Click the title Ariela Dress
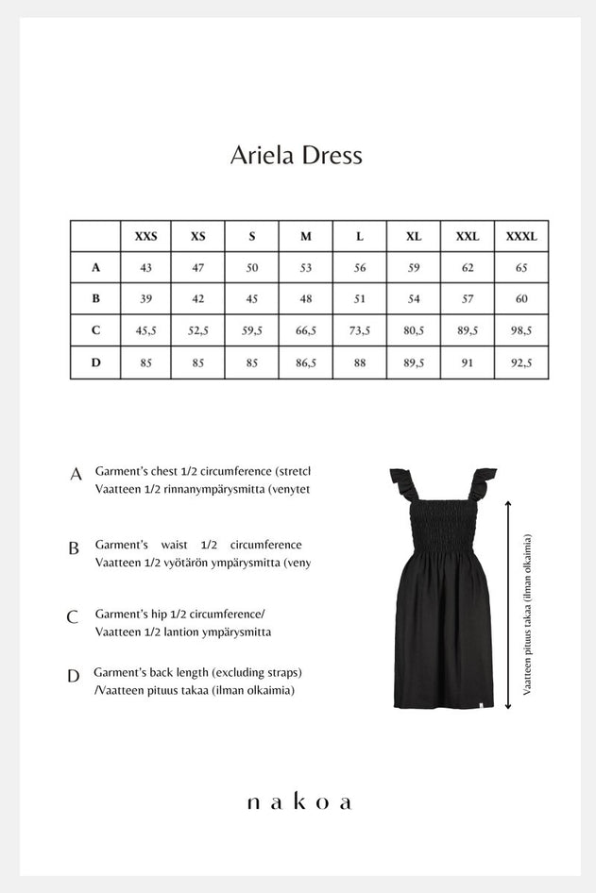tap(297, 156)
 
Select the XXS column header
tap(145, 236)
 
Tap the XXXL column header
tap(521, 236)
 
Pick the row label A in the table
tap(95, 267)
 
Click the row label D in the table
tap(95, 362)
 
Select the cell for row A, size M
tap(306, 267)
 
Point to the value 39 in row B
tap(145, 299)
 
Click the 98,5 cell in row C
tap(521, 330)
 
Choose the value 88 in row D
tap(360, 362)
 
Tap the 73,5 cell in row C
tap(360, 330)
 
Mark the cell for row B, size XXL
tap(468, 299)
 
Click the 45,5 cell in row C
tap(145, 330)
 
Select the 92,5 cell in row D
tap(521, 362)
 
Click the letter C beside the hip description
tap(73, 618)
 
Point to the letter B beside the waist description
tap(74, 548)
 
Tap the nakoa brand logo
tap(298, 802)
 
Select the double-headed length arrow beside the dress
tap(509, 604)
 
